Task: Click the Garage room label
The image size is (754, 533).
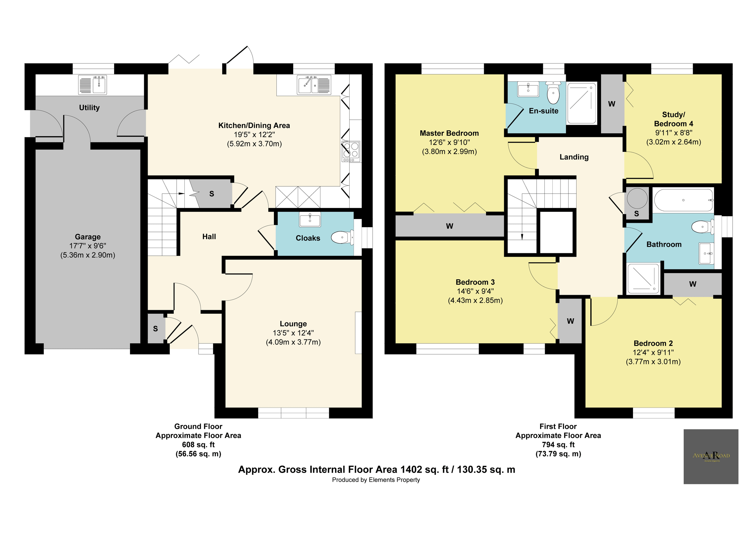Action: coord(88,237)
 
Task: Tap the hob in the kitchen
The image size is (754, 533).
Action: coord(351,151)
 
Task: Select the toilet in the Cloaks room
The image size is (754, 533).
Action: coord(342,237)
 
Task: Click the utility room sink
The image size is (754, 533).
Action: coord(93,85)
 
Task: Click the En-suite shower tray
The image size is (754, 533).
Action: coord(581,103)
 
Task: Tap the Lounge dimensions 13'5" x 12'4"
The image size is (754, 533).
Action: coord(293,333)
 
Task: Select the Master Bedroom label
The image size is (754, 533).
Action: coord(449,133)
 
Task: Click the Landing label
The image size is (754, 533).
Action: coord(574,157)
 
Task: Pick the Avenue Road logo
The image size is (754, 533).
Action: coord(711,457)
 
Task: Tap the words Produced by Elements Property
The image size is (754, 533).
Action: coord(376,480)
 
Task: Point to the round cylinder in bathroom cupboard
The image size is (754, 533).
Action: coord(637,198)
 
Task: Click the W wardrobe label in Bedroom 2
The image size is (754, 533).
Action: coord(693,284)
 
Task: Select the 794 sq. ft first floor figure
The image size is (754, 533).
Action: coord(558,445)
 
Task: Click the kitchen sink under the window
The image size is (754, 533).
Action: coord(314,85)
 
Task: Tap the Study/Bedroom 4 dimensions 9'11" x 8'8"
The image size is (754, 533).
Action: coord(674,133)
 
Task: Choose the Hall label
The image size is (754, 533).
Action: coord(209,236)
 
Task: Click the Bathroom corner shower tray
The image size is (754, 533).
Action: coord(643,278)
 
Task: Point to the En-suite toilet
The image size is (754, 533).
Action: coord(553,94)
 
